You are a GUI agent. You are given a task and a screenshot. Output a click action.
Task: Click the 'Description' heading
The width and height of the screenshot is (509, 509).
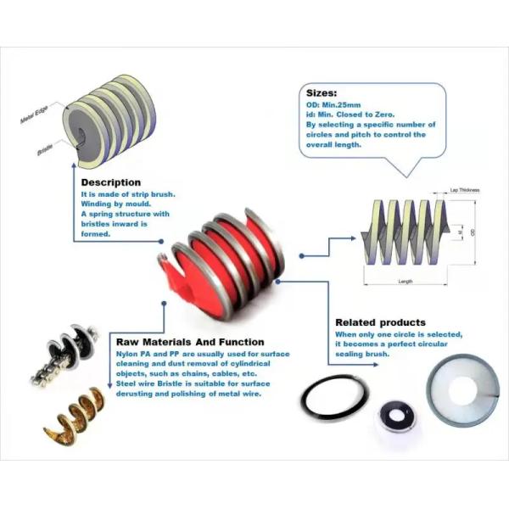click(110, 182)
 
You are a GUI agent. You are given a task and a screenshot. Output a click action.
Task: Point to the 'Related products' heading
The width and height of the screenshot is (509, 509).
click(380, 322)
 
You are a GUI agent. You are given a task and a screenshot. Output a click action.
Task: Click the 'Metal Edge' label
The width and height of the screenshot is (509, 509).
click(37, 118)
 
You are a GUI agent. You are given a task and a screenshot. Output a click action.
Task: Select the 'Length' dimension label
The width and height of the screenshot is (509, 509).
click(406, 281)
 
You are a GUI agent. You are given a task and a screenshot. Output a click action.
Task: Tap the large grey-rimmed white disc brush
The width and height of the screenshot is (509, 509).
click(461, 393)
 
